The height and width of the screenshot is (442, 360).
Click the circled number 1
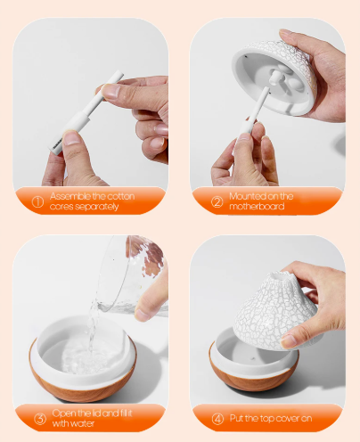point(37,202)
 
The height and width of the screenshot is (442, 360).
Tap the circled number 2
point(217,202)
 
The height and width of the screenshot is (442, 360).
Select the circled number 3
point(40,419)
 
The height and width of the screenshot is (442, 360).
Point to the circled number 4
point(217,419)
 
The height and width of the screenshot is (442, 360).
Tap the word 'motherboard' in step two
point(257,206)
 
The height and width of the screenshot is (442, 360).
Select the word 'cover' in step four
point(284,419)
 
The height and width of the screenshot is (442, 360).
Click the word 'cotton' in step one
point(120,196)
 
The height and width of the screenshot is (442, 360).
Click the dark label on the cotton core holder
point(57,143)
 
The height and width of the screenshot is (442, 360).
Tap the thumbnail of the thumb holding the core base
point(70,138)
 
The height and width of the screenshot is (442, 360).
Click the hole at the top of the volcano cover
point(279,276)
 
